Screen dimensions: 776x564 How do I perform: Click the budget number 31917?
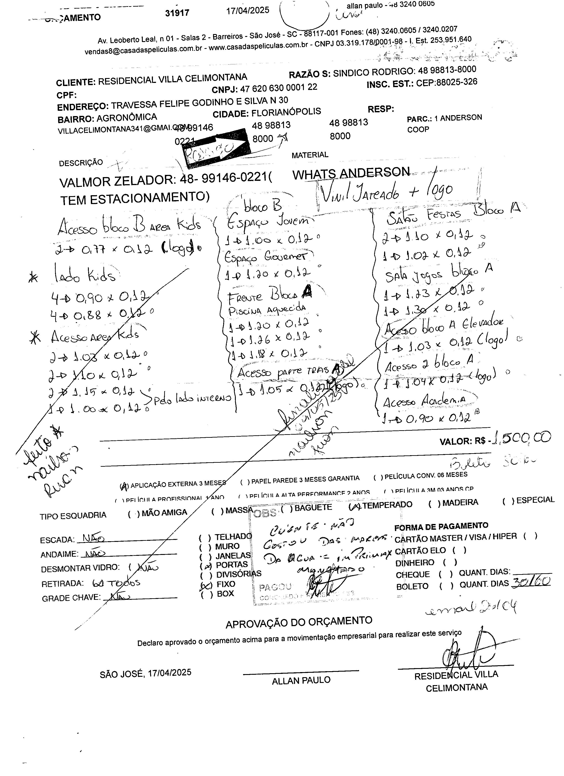point(177,13)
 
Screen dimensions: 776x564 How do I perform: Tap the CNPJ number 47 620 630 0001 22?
point(278,88)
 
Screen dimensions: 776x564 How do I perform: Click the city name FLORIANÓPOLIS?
point(286,112)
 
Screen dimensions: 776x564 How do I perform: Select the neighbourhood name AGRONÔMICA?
point(127,118)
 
